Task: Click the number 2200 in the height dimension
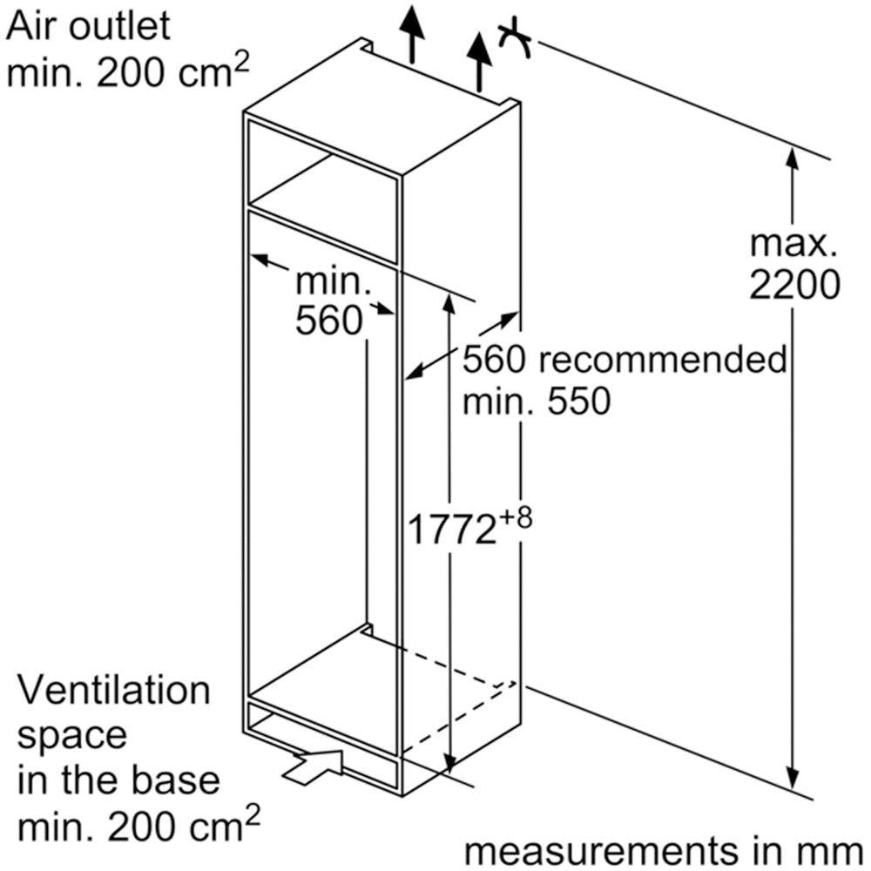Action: coord(794,285)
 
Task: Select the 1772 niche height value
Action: coord(452,530)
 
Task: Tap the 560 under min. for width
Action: coord(327,321)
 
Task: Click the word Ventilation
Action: coord(115,692)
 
